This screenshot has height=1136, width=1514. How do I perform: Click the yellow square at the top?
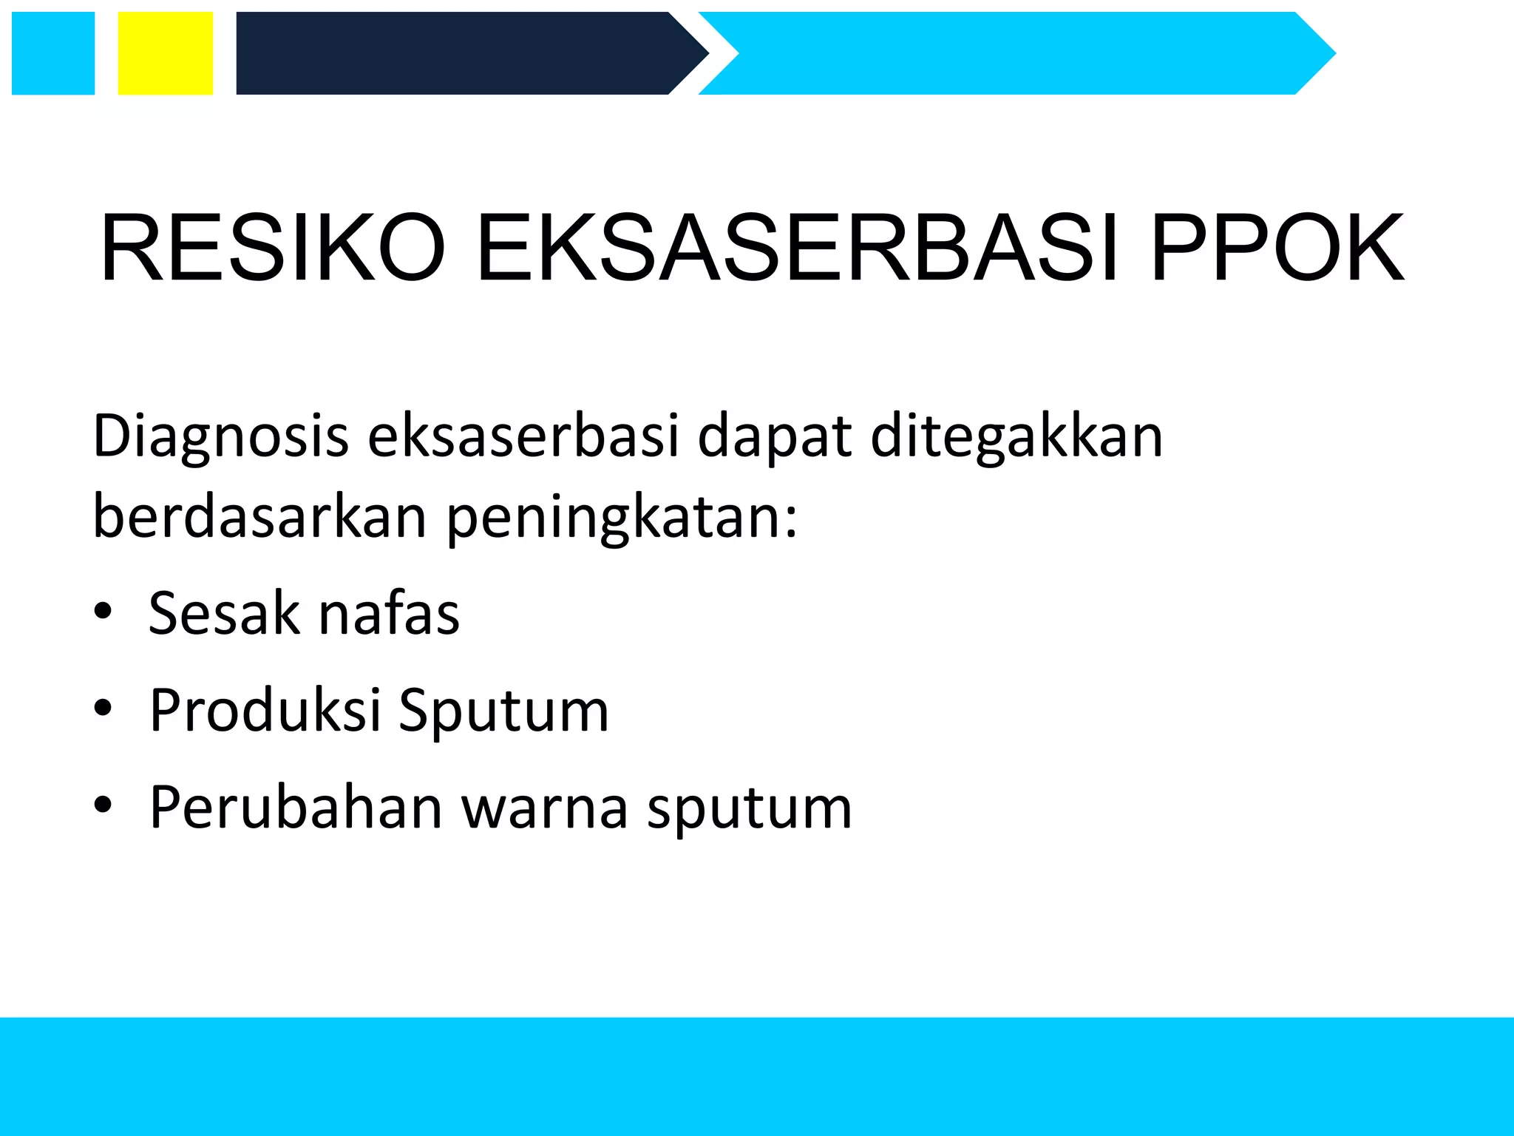point(166,53)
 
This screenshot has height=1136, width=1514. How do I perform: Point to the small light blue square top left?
point(53,53)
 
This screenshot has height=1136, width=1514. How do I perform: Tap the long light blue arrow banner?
point(1013,53)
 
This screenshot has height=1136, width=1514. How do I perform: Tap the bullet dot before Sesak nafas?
point(103,612)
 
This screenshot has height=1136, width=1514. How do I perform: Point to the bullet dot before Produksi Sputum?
point(103,709)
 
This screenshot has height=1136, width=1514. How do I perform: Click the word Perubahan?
point(296,807)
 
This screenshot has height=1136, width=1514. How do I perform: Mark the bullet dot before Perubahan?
point(103,805)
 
